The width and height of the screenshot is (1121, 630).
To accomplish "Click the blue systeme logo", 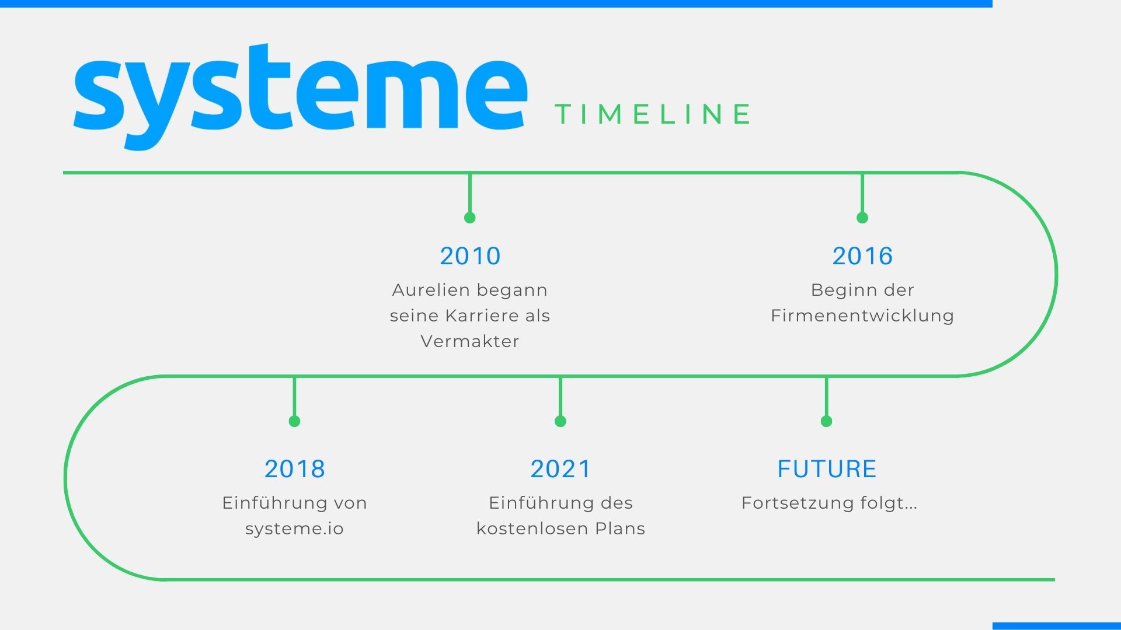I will [x=301, y=93].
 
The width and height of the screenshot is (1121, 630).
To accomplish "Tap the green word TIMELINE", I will [x=653, y=114].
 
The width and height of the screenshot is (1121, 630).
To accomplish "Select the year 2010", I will [x=470, y=256].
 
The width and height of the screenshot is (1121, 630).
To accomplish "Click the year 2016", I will [x=862, y=256].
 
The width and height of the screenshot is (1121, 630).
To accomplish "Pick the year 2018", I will [x=294, y=469].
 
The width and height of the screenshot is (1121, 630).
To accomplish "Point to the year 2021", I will [x=560, y=469].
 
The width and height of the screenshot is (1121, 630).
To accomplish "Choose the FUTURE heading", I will [x=827, y=469].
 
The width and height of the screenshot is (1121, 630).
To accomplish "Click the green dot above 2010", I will [x=470, y=218].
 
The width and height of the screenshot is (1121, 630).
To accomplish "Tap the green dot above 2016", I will [x=862, y=218].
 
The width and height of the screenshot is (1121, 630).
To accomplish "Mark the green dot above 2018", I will [x=294, y=421].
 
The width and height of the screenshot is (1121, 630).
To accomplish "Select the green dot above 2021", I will [x=560, y=421].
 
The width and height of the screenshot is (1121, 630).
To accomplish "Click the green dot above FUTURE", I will [x=826, y=421].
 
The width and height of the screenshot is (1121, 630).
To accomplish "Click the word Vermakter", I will [x=470, y=341].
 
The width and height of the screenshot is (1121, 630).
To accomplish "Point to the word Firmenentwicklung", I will [x=862, y=316].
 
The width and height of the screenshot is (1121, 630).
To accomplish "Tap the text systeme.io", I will [x=294, y=529].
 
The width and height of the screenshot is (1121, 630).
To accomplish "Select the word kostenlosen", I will [x=532, y=528].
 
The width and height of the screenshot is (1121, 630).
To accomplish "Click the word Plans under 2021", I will [x=620, y=528].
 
